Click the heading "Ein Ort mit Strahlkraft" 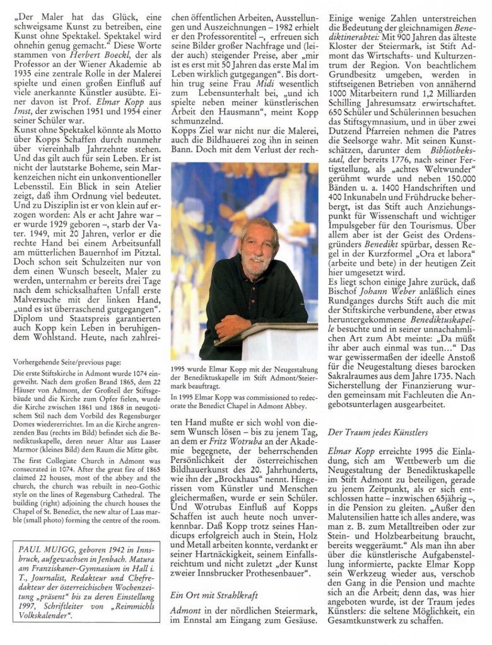(215, 593)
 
